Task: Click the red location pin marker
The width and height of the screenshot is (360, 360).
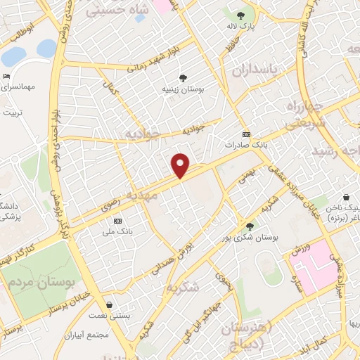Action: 181,165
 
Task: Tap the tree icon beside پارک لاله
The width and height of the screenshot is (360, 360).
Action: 241,15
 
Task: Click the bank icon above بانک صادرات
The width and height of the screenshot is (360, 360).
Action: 245,134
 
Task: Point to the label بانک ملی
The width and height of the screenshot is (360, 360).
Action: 117,231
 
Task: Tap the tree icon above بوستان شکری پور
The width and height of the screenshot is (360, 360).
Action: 250,226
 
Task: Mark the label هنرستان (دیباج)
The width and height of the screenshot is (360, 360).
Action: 245,336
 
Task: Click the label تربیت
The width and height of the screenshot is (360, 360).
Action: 13,113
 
